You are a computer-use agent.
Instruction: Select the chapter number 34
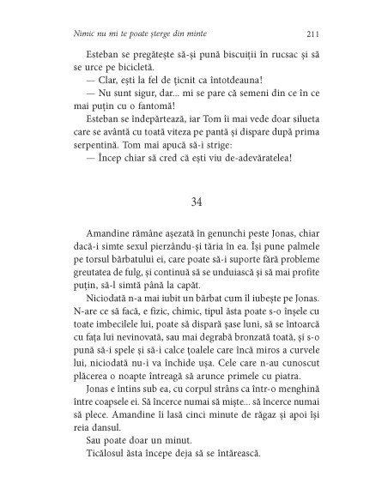[x=194, y=202]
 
